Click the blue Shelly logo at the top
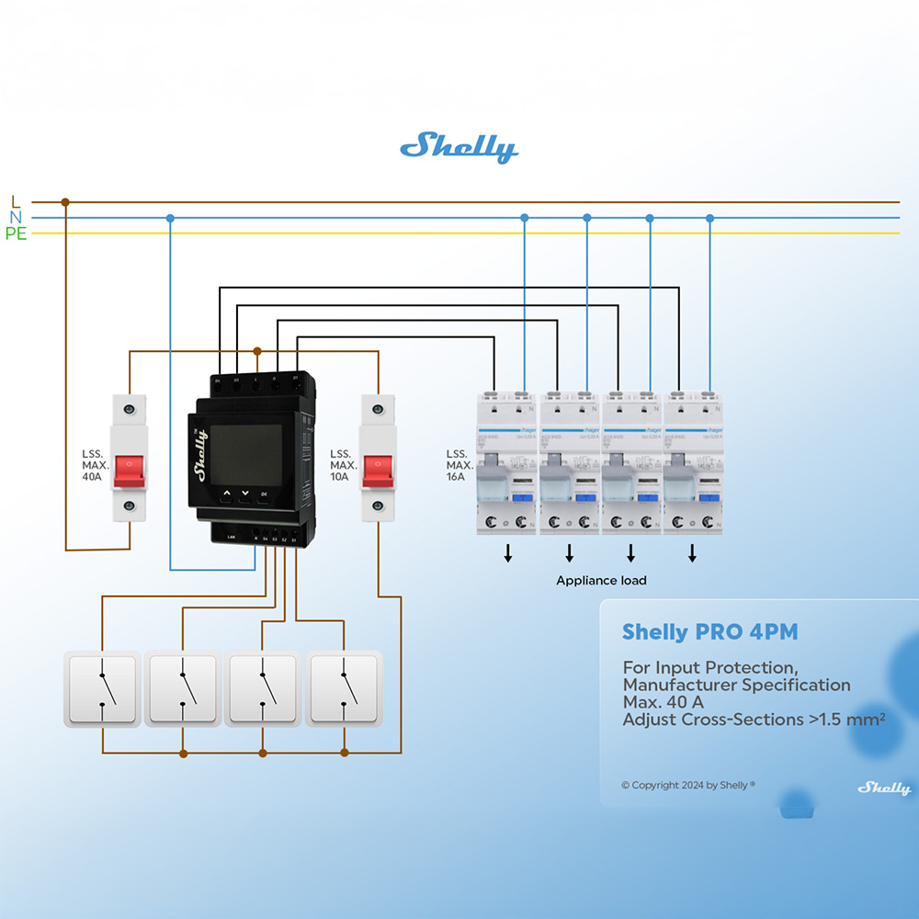(459, 147)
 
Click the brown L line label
(16, 201)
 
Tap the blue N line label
(16, 218)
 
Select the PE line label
(16, 234)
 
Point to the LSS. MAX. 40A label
(95, 465)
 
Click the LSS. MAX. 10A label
(343, 465)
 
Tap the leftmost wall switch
(102, 688)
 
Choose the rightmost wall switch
(344, 688)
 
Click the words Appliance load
(601, 581)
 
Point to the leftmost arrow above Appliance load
(507, 552)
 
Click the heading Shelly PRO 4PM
(709, 632)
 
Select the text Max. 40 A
(663, 702)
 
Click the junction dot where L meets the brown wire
(64, 202)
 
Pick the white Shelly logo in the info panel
(884, 789)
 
